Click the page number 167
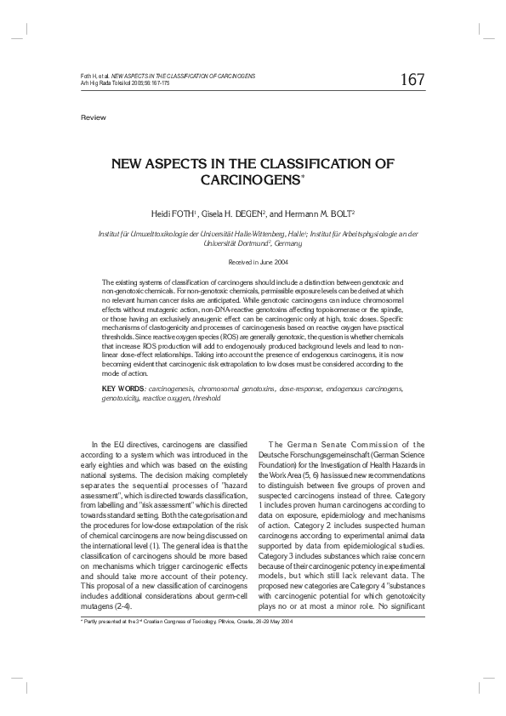point(412,80)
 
